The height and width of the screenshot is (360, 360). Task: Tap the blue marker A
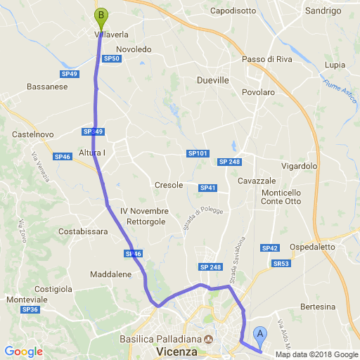[260, 335]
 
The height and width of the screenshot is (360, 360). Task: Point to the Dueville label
[213, 80]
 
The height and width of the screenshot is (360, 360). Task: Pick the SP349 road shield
[93, 131]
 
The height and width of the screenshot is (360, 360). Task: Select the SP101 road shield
[197, 153]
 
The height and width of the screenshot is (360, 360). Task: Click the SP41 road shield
[208, 188]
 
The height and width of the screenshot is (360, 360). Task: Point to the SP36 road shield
[30, 309]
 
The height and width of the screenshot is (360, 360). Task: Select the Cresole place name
[169, 185]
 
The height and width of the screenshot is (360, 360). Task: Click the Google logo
[23, 352]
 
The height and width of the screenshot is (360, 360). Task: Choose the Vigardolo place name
[300, 167]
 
